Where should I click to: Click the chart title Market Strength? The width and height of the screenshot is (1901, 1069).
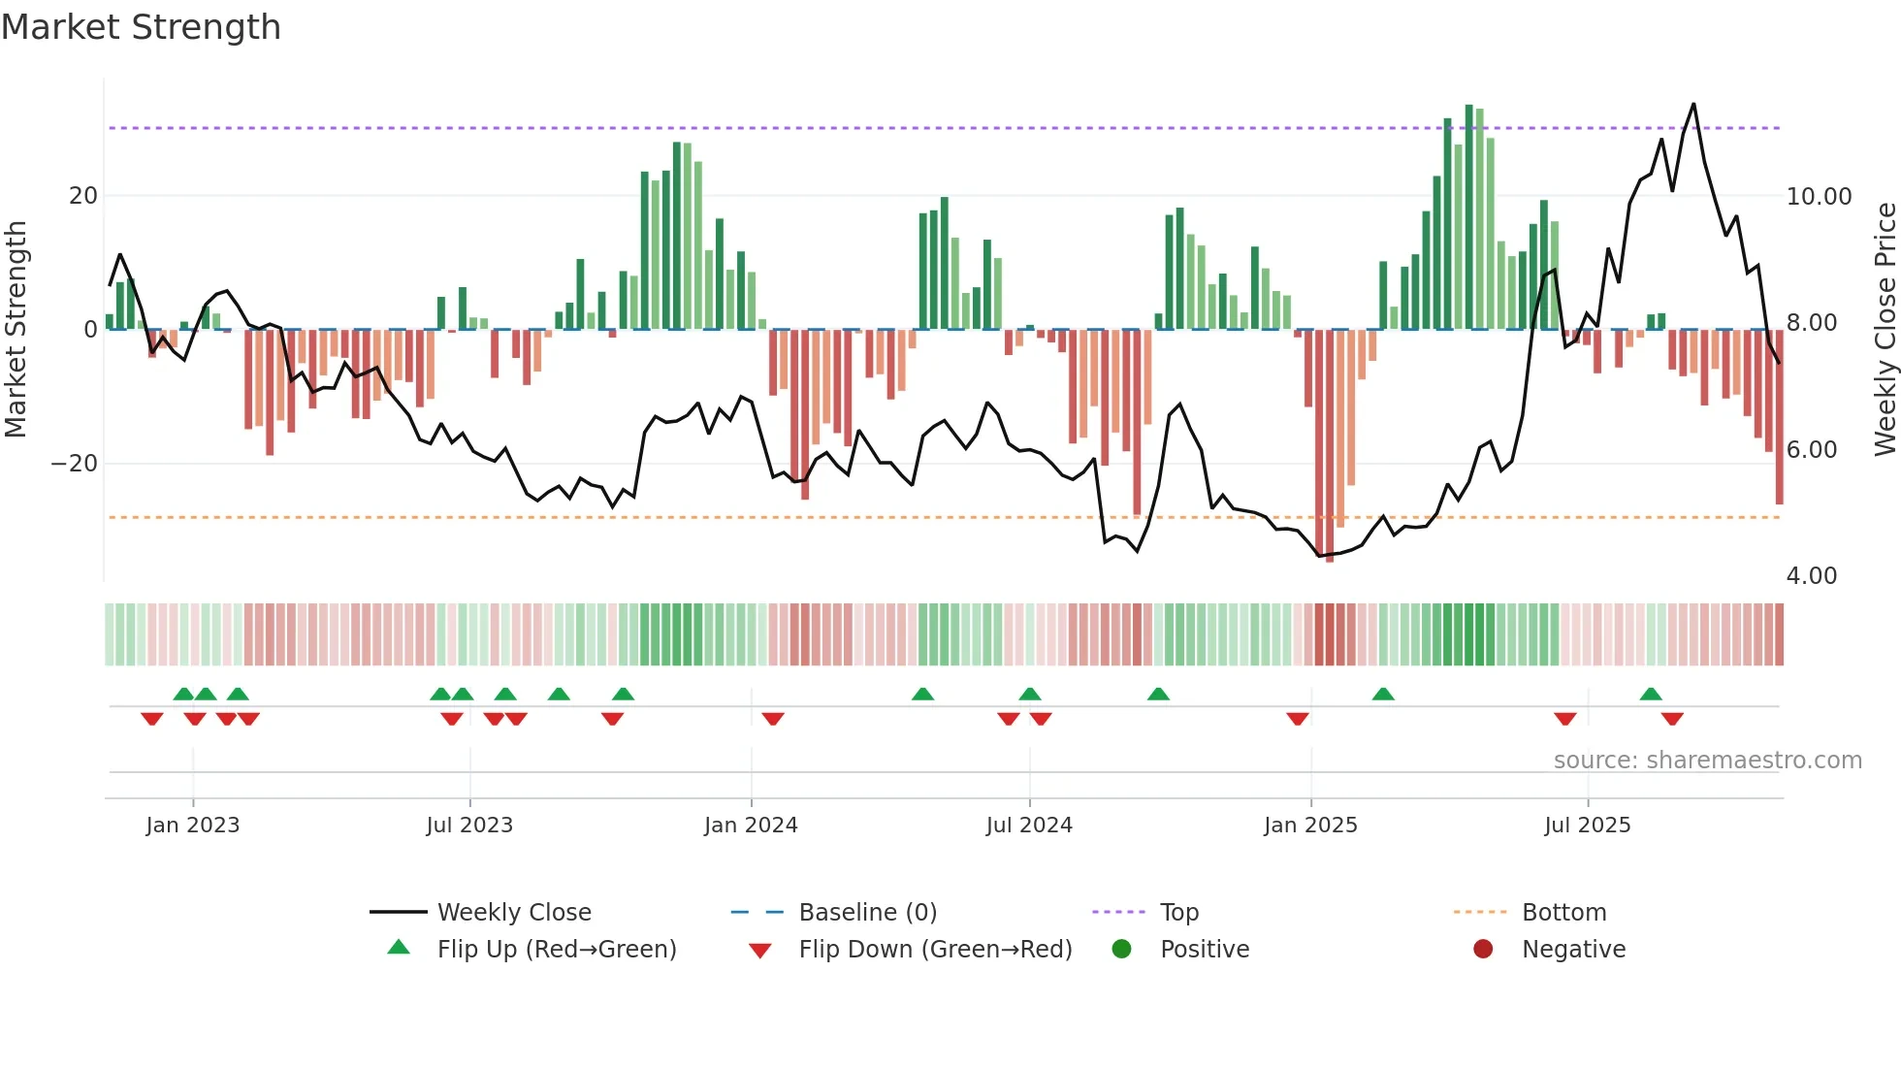[141, 27]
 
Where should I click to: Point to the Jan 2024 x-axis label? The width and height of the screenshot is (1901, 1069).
[751, 826]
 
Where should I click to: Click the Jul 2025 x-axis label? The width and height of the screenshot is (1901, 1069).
[1587, 826]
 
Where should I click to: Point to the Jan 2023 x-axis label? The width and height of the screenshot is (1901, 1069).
[192, 826]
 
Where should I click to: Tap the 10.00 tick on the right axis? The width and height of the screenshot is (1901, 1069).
[1819, 197]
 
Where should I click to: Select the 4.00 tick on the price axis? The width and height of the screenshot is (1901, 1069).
[1811, 576]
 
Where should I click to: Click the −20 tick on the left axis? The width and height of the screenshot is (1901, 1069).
[75, 464]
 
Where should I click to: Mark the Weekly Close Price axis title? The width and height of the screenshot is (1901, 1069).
[1885, 329]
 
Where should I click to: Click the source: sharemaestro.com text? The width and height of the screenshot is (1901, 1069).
[1707, 761]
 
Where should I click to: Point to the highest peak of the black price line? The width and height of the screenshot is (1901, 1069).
[1693, 104]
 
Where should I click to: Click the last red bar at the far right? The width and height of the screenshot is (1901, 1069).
[1779, 417]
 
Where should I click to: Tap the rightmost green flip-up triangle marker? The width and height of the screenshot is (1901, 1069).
[1651, 694]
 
